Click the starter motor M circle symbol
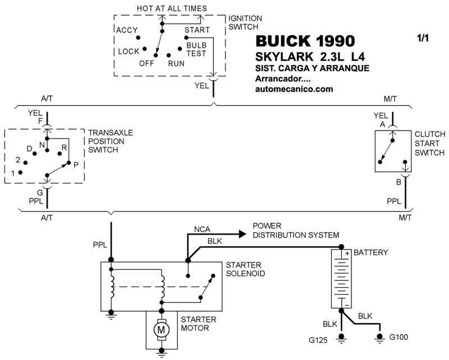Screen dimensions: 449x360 pyautogui.click(x=161, y=330)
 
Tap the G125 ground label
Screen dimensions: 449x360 pyautogui.click(x=318, y=340)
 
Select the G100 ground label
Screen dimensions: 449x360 pyautogui.click(x=398, y=337)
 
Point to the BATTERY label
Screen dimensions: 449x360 pyautogui.click(x=370, y=252)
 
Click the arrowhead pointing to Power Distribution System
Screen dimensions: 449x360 pyautogui.click(x=242, y=234)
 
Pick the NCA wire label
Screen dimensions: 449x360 pyautogui.click(x=202, y=229)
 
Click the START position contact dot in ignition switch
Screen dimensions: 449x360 pyautogui.click(x=186, y=38)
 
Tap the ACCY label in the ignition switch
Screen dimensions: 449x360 pyautogui.click(x=127, y=30)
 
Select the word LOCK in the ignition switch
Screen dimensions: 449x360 pyautogui.click(x=129, y=52)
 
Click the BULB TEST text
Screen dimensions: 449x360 pyautogui.click(x=196, y=49)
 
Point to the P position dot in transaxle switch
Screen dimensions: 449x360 pyautogui.click(x=68, y=163)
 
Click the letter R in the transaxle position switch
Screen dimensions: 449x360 pyautogui.click(x=64, y=147)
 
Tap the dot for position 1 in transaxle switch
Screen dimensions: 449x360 pyautogui.click(x=20, y=172)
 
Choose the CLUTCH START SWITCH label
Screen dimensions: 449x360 pyautogui.click(x=430, y=144)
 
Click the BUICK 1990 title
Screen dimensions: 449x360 pyautogui.click(x=305, y=41)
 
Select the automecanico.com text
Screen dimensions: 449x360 pyautogui.click(x=294, y=89)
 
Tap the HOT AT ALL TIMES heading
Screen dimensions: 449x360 pyautogui.click(x=172, y=8)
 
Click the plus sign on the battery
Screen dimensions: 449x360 pyautogui.click(x=347, y=253)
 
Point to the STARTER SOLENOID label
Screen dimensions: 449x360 pyautogui.click(x=245, y=269)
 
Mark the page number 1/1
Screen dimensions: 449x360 pyautogui.click(x=423, y=38)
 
